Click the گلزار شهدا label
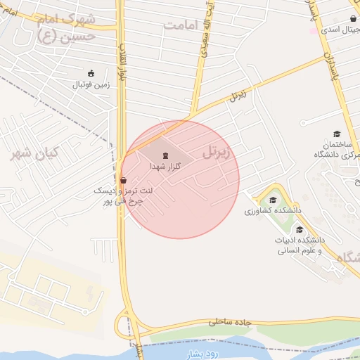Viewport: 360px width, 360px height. click(165, 167)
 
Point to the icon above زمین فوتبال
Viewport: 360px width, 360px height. click(90, 73)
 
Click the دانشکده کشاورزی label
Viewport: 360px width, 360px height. click(273, 210)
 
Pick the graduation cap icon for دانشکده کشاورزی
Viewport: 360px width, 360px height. click(273, 200)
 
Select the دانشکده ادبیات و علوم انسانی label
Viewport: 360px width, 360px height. click(300, 245)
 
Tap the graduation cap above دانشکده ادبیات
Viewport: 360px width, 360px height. click(300, 229)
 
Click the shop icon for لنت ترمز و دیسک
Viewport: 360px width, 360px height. click(124, 179)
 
